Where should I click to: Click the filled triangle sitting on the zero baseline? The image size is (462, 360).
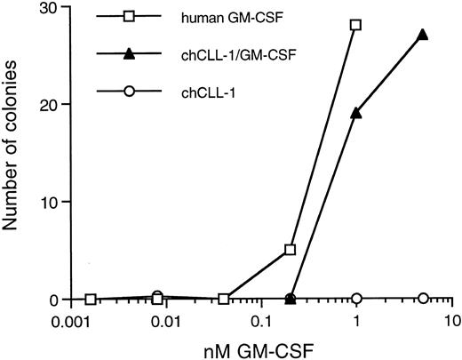[x=290, y=299]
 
